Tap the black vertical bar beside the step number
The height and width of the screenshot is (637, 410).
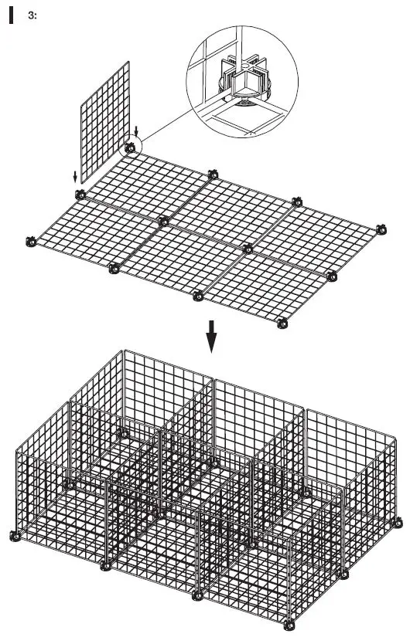point(12,16)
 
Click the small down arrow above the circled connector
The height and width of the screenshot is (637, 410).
point(137,129)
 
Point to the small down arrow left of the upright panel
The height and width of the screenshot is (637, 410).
point(76,174)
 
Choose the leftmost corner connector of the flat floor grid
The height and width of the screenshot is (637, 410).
point(31,241)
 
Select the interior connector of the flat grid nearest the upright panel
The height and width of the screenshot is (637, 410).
point(163,222)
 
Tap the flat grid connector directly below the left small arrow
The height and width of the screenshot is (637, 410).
point(77,192)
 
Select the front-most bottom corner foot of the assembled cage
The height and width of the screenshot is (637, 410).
point(292,623)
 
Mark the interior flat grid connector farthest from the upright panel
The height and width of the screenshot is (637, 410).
point(247,249)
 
